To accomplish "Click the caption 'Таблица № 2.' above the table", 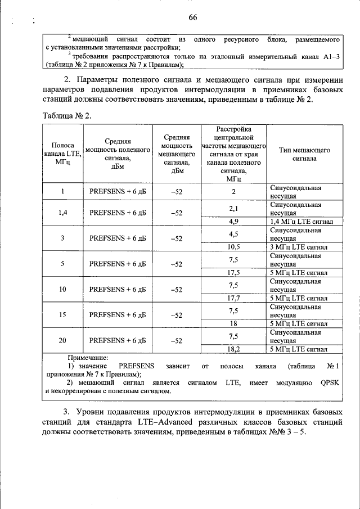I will point(66,115).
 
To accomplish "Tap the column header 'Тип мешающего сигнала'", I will point(304,155).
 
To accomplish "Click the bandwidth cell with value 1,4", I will point(62,213).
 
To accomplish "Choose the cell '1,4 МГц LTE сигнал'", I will point(301,222).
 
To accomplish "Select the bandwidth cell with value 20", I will point(62,341).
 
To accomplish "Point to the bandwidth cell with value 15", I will point(62,315).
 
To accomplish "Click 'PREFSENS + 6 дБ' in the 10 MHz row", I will point(118,290).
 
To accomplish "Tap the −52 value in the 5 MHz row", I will point(177,264).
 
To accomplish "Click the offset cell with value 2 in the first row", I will point(233,191).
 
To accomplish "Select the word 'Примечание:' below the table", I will point(88,358).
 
